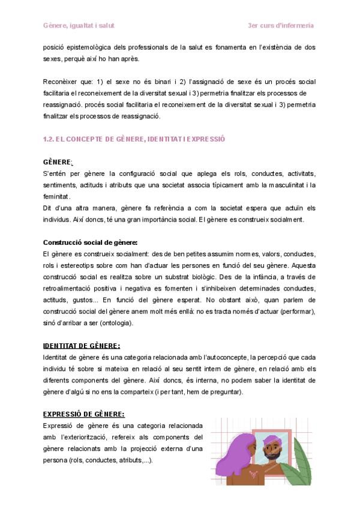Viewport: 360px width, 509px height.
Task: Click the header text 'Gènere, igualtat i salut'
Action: [x=79, y=26]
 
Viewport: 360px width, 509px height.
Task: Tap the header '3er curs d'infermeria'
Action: [x=281, y=26]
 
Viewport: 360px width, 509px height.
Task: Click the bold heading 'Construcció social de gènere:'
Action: [x=90, y=242]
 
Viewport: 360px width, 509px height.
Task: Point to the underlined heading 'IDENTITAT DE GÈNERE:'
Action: [x=82, y=346]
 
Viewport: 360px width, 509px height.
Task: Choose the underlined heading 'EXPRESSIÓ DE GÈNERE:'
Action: [x=84, y=414]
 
